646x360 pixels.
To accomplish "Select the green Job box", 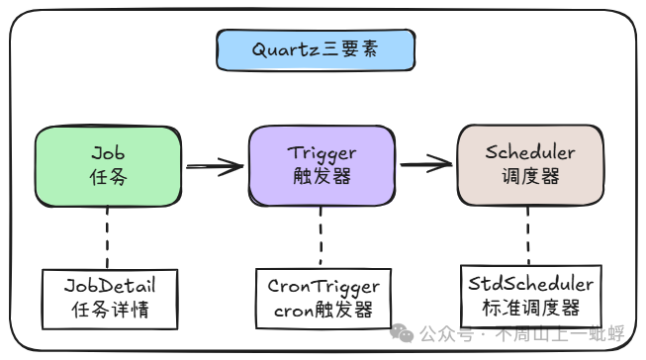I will (108, 167).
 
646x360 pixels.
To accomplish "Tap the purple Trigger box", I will (322, 167).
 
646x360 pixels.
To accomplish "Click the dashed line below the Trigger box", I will (322, 237).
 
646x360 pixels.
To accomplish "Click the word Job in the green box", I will (109, 153).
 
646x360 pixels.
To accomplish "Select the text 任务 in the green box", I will (109, 180).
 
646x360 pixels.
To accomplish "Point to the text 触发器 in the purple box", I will (322, 179).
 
